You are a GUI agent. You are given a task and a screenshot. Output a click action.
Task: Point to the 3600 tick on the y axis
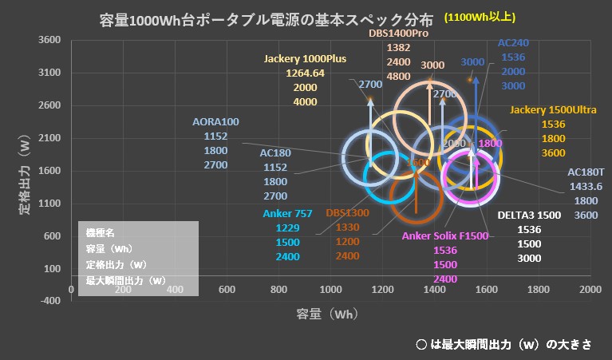(x=49, y=40)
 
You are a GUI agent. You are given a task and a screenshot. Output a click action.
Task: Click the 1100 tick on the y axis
(x=49, y=204)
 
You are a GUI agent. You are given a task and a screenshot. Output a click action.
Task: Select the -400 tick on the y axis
(x=49, y=301)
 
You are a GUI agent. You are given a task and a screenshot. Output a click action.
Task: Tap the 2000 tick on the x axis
(x=590, y=289)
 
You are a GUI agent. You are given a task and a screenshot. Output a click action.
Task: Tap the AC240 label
(x=512, y=43)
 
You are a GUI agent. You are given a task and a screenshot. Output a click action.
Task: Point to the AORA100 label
(x=215, y=122)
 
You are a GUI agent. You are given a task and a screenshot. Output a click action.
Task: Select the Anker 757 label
(x=287, y=214)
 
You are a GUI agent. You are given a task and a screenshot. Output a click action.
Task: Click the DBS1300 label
(x=347, y=214)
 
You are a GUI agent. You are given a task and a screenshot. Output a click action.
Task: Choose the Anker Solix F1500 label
(x=445, y=236)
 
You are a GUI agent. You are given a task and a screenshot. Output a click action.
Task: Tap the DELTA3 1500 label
(x=529, y=216)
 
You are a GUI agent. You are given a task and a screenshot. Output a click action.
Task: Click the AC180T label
(x=586, y=172)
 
